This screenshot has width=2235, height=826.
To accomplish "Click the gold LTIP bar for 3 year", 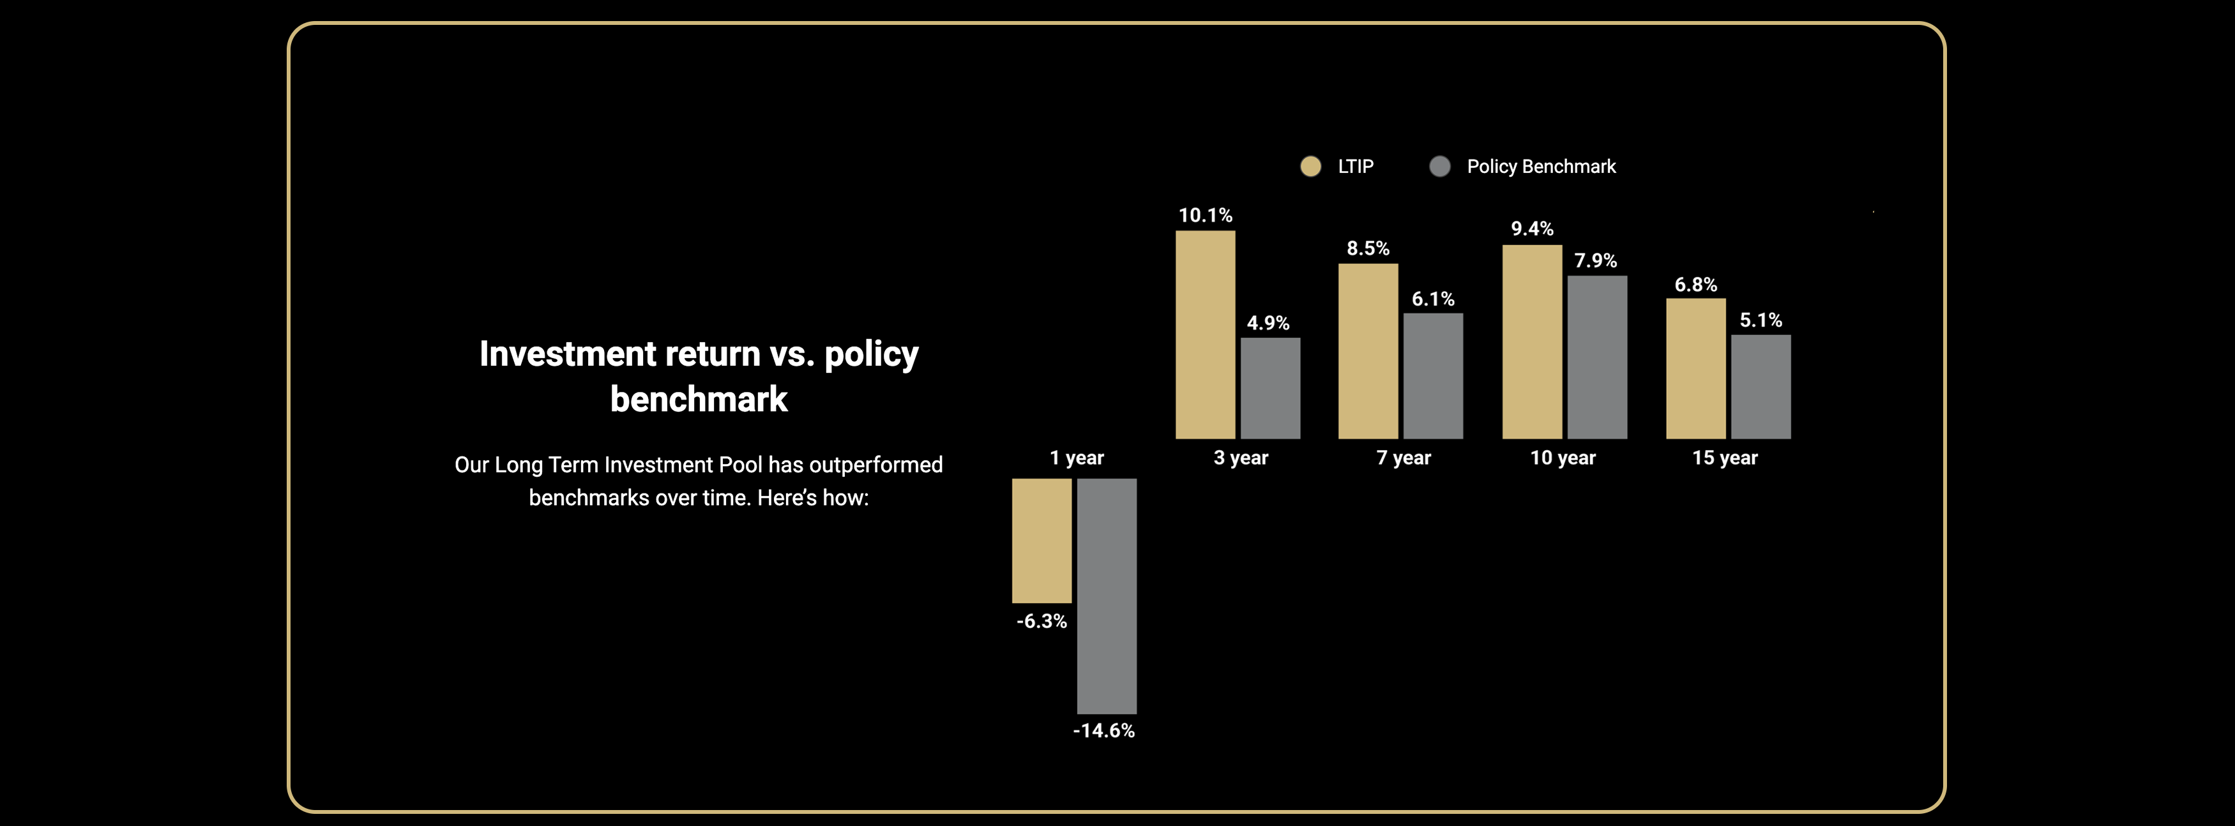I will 1205,334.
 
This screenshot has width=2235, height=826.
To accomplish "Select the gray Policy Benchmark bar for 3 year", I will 1270,388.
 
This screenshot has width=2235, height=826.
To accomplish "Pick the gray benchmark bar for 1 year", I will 1106,596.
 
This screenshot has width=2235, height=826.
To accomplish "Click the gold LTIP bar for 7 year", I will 1368,350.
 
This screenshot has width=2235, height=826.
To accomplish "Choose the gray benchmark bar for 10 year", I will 1596,357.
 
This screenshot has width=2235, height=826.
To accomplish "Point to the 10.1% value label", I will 1205,215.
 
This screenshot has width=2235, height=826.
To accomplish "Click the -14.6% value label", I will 1103,730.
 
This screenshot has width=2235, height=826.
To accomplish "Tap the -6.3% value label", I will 1041,621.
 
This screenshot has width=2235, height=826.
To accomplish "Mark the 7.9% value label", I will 1596,260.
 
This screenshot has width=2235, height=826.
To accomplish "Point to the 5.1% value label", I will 1761,320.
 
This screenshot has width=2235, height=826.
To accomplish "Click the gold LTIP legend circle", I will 1310,167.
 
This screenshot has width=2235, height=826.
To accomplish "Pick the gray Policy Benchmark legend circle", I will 1439,167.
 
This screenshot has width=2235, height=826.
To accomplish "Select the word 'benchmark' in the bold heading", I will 699,399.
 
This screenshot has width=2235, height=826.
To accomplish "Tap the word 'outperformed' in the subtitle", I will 875,465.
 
